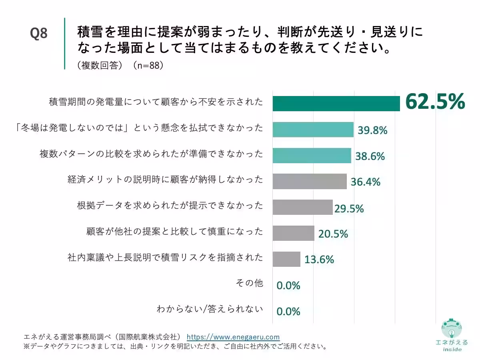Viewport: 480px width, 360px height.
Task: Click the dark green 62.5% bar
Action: (336, 104)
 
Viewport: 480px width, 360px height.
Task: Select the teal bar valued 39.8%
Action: (313, 130)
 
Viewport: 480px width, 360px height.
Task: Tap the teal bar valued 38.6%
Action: (312, 155)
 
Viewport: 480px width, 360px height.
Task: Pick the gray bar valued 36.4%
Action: (309, 181)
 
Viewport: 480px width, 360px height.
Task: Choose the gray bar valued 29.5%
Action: (302, 207)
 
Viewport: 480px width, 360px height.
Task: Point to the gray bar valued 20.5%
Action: (293, 233)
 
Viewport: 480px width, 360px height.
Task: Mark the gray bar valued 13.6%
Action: (286, 259)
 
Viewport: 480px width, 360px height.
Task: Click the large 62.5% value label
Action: (435, 102)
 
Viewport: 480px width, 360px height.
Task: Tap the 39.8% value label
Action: (372, 130)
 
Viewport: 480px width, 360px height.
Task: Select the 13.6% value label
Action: (319, 260)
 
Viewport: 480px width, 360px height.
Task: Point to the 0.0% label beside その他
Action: (288, 286)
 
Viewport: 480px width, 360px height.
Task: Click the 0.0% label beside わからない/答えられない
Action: (288, 312)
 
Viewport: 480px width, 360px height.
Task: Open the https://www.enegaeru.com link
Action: (233, 337)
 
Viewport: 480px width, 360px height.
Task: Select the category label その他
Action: (250, 283)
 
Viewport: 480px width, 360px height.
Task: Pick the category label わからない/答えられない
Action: (210, 309)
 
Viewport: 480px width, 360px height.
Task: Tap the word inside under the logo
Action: (452, 350)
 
